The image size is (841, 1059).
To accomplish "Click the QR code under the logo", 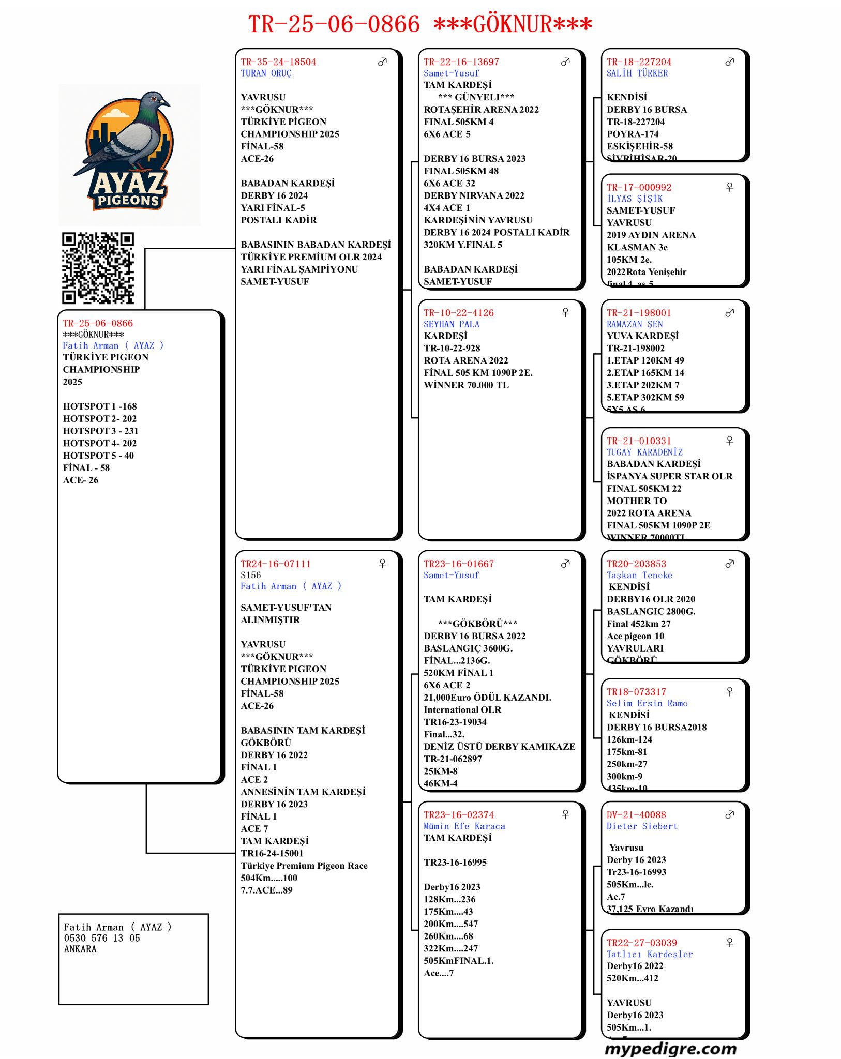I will coord(98,268).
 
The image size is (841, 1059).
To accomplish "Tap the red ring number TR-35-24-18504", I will coord(278,62).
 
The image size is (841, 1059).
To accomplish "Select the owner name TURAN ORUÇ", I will coord(266,73).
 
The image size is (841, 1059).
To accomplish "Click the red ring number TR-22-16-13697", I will coord(461,62).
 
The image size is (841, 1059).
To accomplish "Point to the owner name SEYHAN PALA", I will coord(452,324).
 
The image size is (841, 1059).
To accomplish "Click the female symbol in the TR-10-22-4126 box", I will coord(565,313).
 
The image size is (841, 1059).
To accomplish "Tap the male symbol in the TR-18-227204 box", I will coord(729,62).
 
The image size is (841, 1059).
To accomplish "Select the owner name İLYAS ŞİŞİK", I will coord(635,199).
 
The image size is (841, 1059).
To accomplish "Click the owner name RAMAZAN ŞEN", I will coord(635,324).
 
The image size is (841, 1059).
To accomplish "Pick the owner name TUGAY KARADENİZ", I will coord(644,452).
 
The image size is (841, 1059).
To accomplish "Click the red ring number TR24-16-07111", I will coord(276,564).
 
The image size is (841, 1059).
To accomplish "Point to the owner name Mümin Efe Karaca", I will coord(464,826).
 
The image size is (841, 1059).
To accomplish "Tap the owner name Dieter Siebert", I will coord(642,826).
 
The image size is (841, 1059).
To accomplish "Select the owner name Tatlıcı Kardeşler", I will coord(650,954).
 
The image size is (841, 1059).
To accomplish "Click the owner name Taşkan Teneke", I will coord(639,575).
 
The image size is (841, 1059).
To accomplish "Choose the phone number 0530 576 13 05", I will coord(102,938).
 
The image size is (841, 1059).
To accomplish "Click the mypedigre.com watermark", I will coord(670,1049).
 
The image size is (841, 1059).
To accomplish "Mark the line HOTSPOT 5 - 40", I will coord(98,456).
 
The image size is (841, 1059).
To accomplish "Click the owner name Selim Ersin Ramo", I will coord(647,703).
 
